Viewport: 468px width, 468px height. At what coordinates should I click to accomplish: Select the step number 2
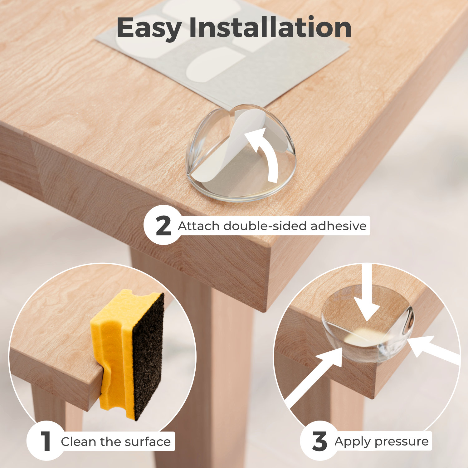(x=163, y=226)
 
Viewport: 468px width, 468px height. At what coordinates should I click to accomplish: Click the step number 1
(x=46, y=441)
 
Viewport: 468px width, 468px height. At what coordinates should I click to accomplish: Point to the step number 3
(x=319, y=441)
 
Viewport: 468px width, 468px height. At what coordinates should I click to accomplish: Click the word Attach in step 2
(x=199, y=226)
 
